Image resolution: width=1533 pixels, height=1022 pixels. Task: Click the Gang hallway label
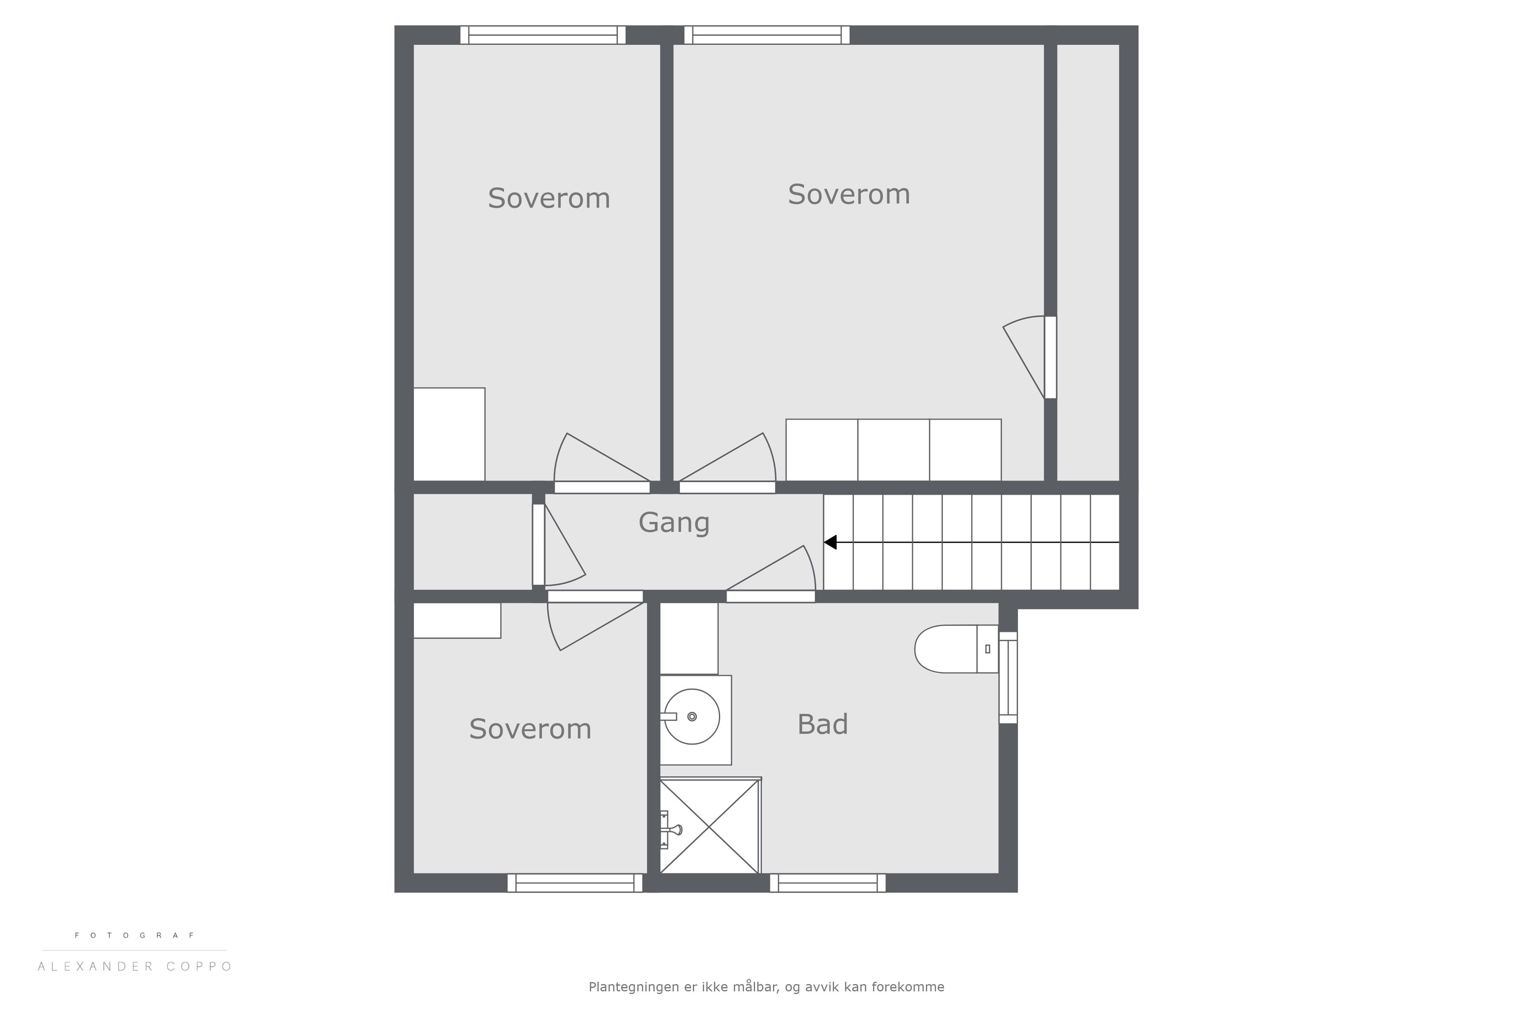(x=674, y=523)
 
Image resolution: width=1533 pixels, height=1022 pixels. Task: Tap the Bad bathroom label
(x=822, y=724)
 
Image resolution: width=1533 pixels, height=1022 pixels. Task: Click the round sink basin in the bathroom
(x=691, y=716)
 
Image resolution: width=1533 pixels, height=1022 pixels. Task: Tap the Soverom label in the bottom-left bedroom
(x=530, y=729)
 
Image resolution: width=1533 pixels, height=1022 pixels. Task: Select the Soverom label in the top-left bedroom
(x=549, y=198)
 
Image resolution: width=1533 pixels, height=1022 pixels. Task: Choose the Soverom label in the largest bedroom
(x=849, y=194)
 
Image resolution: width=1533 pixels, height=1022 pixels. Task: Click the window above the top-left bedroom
(x=543, y=35)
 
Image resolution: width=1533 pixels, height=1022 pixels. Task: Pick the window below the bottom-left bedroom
(x=575, y=883)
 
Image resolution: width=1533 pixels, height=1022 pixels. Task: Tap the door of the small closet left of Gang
(x=539, y=545)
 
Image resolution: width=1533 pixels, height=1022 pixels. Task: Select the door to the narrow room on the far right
(x=1051, y=357)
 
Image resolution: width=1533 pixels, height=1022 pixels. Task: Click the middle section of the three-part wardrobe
(x=893, y=450)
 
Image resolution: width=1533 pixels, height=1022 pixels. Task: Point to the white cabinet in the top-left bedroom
(x=449, y=434)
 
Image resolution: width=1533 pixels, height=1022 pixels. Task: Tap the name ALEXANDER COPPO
(x=135, y=967)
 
